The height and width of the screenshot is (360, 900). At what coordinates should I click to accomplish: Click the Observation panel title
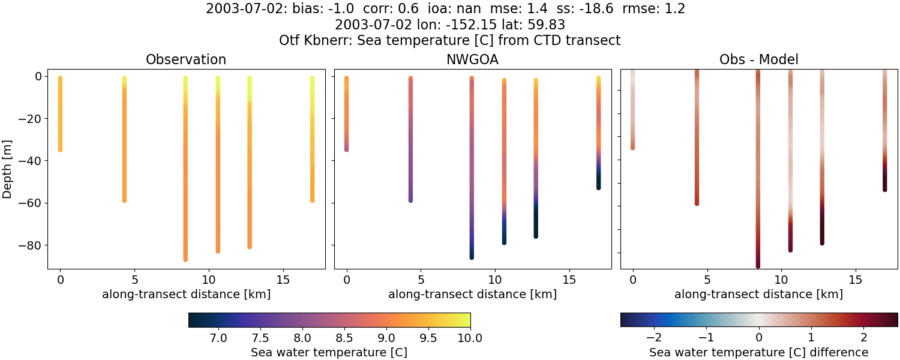pos(186,60)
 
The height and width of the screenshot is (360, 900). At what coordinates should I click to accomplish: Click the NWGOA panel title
pos(472,60)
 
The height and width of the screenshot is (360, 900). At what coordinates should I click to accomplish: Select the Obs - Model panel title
pos(758,60)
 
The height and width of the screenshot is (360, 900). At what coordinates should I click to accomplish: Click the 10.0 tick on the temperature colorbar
pos(470,337)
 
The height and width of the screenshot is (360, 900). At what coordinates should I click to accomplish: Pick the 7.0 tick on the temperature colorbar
pos(219,337)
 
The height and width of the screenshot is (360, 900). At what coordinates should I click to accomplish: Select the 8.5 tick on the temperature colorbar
pos(344,337)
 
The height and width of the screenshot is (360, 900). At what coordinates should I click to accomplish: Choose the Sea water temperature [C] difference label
pos(758,352)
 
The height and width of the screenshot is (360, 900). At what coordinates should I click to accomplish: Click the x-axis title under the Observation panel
pos(186,295)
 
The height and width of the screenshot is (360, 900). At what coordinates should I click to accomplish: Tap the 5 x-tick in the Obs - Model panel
pos(707,280)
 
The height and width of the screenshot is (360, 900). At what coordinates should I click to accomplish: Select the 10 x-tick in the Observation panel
pos(208,280)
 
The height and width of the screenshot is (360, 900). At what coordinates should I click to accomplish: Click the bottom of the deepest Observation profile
pos(185,259)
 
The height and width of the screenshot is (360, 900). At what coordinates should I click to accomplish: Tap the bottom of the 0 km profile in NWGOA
pos(346,149)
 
